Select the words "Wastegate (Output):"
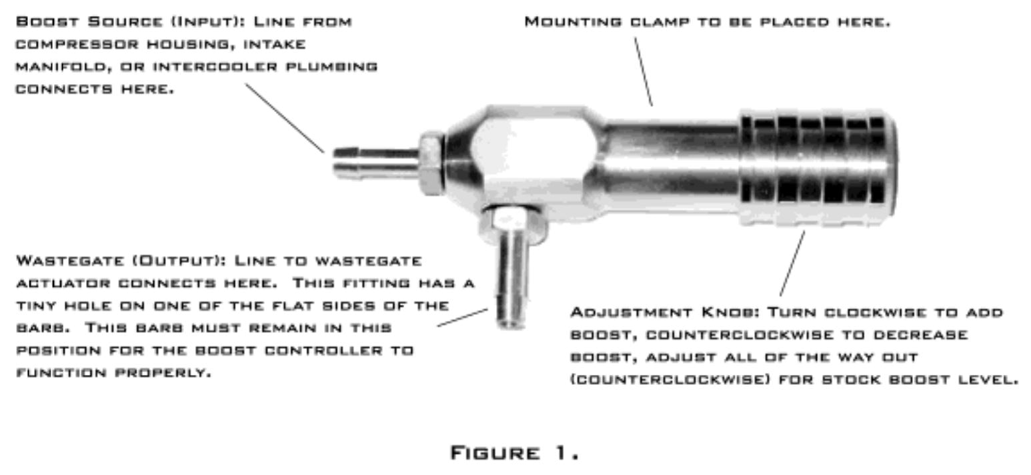121,261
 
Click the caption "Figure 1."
514,453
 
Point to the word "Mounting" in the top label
574,22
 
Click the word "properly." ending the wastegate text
163,373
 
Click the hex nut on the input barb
431,163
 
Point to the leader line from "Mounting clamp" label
644,72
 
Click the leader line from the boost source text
285,118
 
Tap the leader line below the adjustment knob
792,264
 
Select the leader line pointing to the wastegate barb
462,318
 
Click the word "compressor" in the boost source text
77,45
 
